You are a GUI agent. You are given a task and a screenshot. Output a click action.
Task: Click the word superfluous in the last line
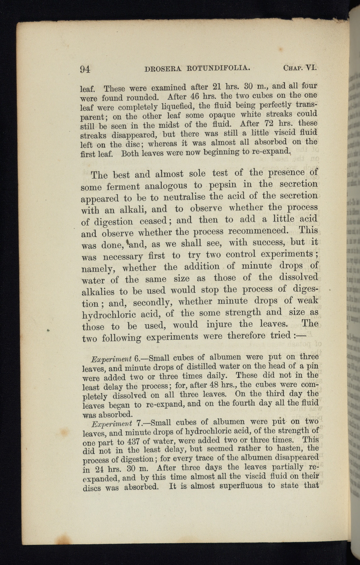point(239,486)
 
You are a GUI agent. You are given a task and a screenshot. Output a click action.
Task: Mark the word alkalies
point(98,292)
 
